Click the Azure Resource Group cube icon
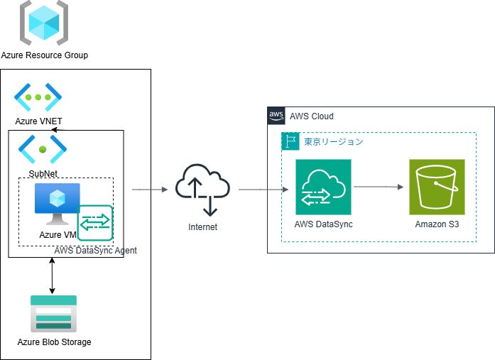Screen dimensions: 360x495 click(x=44, y=23)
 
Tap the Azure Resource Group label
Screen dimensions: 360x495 click(x=45, y=55)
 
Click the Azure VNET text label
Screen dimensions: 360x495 click(x=39, y=121)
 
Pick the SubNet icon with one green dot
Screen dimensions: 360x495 click(x=43, y=149)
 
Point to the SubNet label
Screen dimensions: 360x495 click(x=43, y=173)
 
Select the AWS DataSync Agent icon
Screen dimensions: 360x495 click(x=95, y=223)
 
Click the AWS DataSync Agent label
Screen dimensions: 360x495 click(x=95, y=251)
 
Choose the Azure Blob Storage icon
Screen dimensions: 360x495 click(x=53, y=314)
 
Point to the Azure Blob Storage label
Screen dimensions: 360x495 click(x=55, y=342)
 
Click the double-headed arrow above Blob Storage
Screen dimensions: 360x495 click(x=51, y=276)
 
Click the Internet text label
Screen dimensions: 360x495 click(x=203, y=227)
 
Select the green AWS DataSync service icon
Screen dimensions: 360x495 click(x=323, y=187)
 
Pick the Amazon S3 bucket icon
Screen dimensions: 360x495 click(x=437, y=187)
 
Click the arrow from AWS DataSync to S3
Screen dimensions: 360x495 click(x=379, y=187)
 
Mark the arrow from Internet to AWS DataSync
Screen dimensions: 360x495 click(x=263, y=190)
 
